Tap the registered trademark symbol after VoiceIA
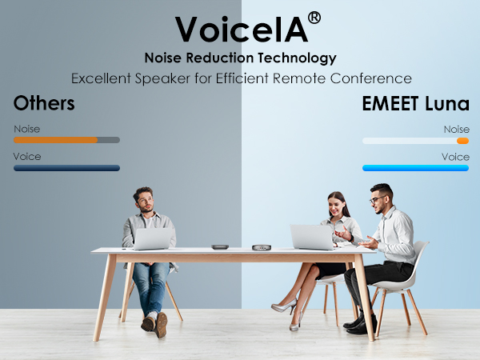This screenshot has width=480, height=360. [314, 18]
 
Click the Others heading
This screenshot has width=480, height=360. [44, 103]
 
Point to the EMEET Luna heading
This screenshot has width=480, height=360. [416, 103]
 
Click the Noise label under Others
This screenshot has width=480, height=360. [26, 129]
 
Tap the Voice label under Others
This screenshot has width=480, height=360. [27, 156]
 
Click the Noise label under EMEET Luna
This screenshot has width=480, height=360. [456, 129]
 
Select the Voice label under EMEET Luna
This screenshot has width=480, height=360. [455, 156]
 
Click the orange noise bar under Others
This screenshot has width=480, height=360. [56, 140]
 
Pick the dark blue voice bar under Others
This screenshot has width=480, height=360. [66, 168]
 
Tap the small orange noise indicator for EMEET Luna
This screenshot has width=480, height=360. [462, 141]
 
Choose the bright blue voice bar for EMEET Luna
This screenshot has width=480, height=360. [415, 168]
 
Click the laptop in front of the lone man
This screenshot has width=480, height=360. [152, 238]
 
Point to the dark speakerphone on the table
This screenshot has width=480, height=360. [219, 246]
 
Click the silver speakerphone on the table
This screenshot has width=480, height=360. [261, 246]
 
